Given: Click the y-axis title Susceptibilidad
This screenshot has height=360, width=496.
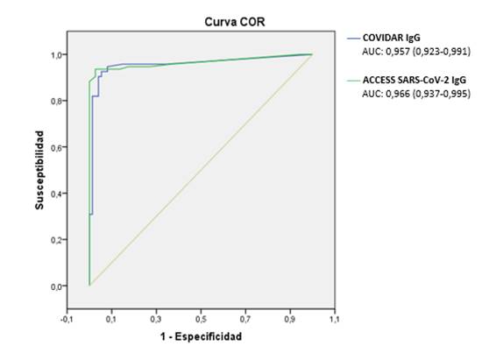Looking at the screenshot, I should click(x=40, y=170).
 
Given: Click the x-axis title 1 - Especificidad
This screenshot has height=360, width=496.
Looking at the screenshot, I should click(x=200, y=336).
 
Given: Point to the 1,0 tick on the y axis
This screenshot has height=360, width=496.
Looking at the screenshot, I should click(x=57, y=54).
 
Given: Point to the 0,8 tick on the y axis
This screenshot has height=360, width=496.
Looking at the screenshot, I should click(x=57, y=101).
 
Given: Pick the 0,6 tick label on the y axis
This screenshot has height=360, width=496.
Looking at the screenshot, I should click(x=57, y=147).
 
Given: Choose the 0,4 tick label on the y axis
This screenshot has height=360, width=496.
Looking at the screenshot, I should click(x=57, y=194).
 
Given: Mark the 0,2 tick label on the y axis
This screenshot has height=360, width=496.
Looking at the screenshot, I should click(x=57, y=240).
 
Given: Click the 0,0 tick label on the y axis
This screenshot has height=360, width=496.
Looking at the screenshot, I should click(x=57, y=286).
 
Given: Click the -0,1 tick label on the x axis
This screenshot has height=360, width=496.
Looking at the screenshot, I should click(x=67, y=319).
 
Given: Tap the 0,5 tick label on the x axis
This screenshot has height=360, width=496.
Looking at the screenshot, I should click(x=200, y=319).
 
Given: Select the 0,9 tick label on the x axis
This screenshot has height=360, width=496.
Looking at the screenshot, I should click(x=289, y=319).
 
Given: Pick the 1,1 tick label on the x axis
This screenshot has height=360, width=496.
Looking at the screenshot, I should click(x=334, y=319).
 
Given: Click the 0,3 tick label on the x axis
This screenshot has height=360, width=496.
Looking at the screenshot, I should click(x=156, y=319).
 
